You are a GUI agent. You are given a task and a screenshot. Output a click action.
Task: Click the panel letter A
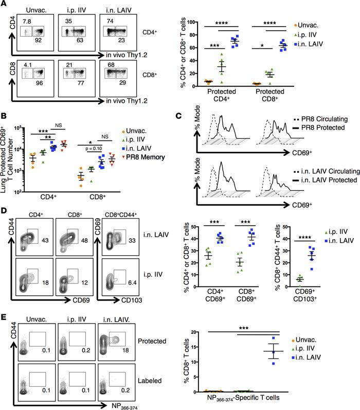click(x=5, y=5)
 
